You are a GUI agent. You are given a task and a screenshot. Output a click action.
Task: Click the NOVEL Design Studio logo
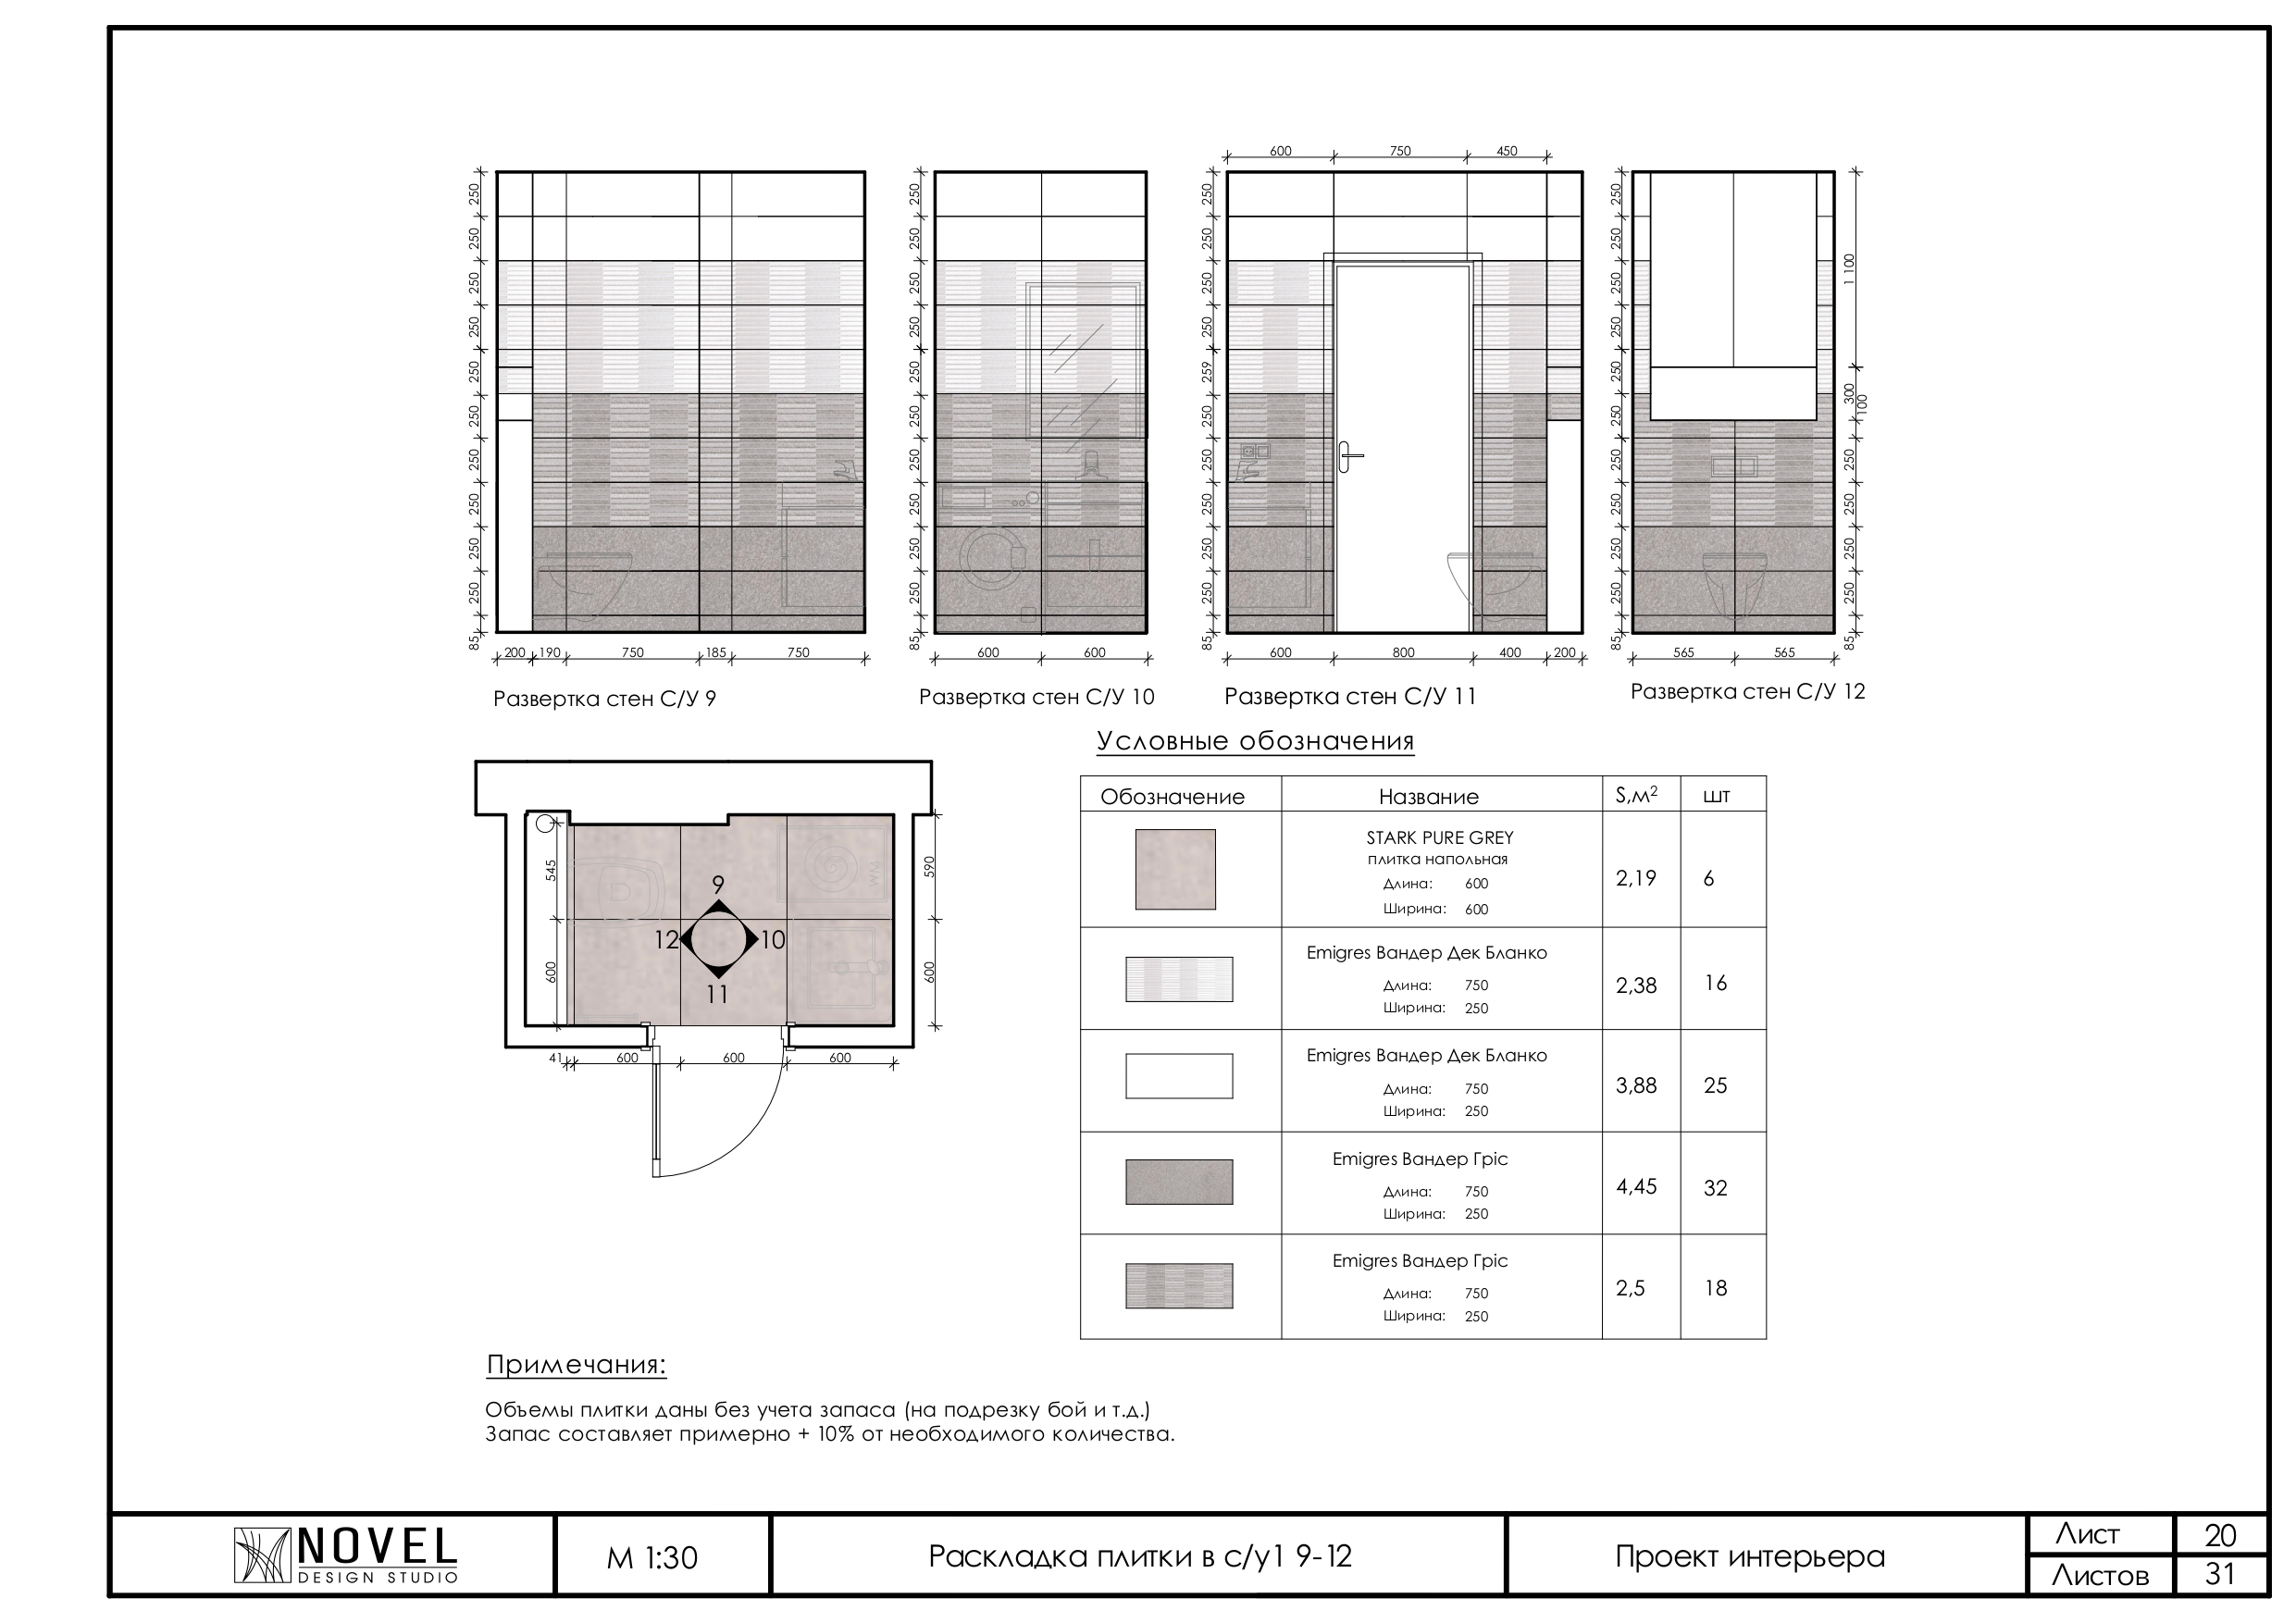345,1555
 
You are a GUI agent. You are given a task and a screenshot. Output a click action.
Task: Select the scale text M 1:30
652,1558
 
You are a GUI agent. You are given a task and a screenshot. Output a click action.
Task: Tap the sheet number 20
2220,1535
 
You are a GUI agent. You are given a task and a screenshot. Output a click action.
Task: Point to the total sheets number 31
2220,1575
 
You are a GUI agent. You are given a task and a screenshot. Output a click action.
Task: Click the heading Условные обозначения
1255,741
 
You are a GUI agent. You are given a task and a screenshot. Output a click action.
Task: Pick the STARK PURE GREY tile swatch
1175,869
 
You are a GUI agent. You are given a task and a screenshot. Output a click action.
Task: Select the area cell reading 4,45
1637,1187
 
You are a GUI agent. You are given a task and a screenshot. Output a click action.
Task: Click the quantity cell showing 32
1716,1188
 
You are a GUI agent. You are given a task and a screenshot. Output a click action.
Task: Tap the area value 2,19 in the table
1636,878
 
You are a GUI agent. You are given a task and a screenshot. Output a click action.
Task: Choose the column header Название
1428,797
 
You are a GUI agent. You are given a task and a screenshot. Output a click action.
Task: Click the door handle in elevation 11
1350,456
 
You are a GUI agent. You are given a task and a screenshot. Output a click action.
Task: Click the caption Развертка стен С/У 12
1748,692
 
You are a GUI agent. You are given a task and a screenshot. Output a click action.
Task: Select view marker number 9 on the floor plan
718,884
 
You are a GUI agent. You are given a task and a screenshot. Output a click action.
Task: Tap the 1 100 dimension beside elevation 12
1849,269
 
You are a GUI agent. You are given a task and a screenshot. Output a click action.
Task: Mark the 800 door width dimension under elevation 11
1404,653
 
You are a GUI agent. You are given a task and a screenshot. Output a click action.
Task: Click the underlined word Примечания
577,1365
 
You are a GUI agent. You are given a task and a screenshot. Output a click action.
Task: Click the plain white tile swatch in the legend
1179,1076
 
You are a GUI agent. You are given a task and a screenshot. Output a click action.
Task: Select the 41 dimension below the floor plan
557,1057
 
